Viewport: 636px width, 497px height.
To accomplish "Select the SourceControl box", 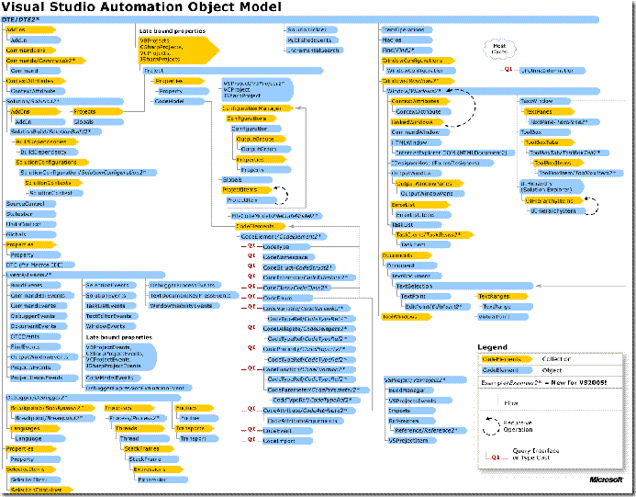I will [22, 203].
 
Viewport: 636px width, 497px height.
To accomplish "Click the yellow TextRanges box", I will [496, 296].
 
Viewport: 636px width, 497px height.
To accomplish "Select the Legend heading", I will [492, 347].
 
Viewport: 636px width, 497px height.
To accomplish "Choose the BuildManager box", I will [404, 390].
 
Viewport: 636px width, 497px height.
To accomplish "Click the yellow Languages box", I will [25, 427].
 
